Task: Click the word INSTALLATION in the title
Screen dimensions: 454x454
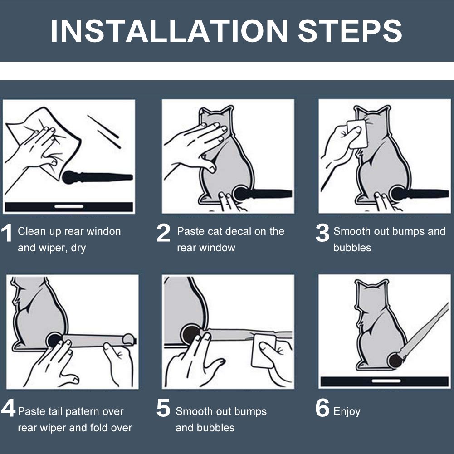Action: tap(169, 31)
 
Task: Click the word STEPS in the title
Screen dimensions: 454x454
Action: tap(350, 31)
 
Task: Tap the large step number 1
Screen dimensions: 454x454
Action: tap(7, 233)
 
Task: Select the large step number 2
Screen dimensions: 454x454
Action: tap(163, 233)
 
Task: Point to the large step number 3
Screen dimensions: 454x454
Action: tap(322, 233)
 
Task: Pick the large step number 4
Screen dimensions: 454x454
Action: tap(8, 408)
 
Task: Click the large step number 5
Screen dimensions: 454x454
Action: tap(163, 408)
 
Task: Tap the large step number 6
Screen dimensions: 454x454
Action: tap(322, 408)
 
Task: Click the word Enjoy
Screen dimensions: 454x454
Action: tap(347, 412)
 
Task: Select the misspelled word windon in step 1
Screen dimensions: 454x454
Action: tap(104, 231)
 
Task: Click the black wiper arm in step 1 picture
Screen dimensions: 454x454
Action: tap(97, 177)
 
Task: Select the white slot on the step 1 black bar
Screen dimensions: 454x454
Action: tap(69, 206)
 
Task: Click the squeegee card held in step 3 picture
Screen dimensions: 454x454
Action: tap(357, 134)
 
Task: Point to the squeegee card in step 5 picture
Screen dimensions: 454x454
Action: tap(264, 351)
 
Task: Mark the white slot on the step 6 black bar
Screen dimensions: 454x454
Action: tap(386, 381)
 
